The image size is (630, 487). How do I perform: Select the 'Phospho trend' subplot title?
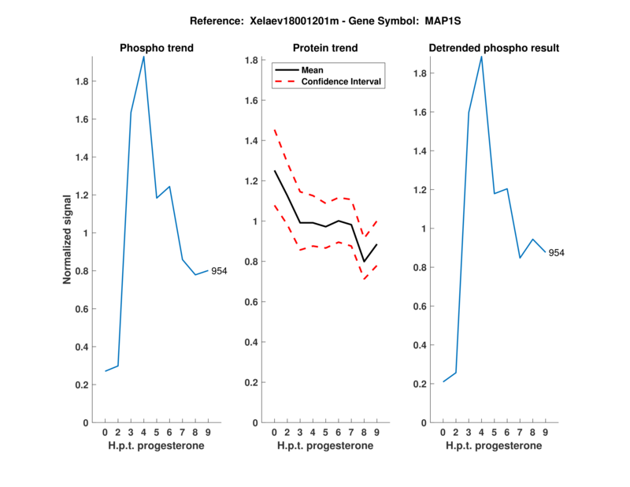point(156,48)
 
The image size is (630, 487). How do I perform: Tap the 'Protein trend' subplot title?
point(325,48)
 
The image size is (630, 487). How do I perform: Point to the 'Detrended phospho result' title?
point(494,48)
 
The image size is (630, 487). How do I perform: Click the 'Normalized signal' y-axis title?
point(70,240)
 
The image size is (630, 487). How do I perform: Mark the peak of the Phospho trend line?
point(143,57)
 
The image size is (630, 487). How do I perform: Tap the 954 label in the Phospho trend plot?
point(219,271)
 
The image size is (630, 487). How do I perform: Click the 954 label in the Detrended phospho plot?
point(556,253)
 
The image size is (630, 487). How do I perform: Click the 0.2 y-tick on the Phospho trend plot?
point(81,385)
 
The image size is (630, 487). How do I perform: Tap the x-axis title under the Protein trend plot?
point(325,446)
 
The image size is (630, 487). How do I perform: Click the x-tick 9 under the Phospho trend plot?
point(208,432)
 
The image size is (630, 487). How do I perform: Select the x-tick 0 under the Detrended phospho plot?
point(443,432)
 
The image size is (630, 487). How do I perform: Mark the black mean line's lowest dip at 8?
point(364,262)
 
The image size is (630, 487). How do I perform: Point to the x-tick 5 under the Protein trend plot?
point(325,432)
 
